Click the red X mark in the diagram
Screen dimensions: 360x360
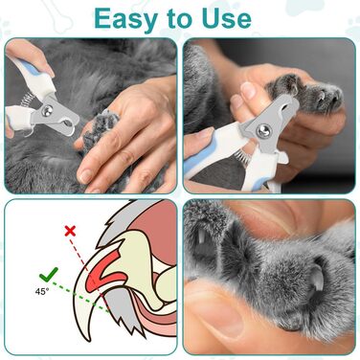pyautogui.click(x=70, y=231)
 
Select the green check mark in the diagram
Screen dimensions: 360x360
pyautogui.click(x=49, y=275)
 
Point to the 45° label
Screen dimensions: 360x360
pyautogui.click(x=42, y=291)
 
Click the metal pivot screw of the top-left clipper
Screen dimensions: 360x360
pyautogui.click(x=47, y=110)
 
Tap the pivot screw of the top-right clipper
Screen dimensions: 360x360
pyautogui.click(x=264, y=131)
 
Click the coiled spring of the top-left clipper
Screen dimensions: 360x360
pyautogui.click(x=26, y=99)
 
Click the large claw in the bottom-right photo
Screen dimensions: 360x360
pyautogui.click(x=317, y=278)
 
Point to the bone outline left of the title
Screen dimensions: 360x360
pyautogui.click(x=58, y=15)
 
